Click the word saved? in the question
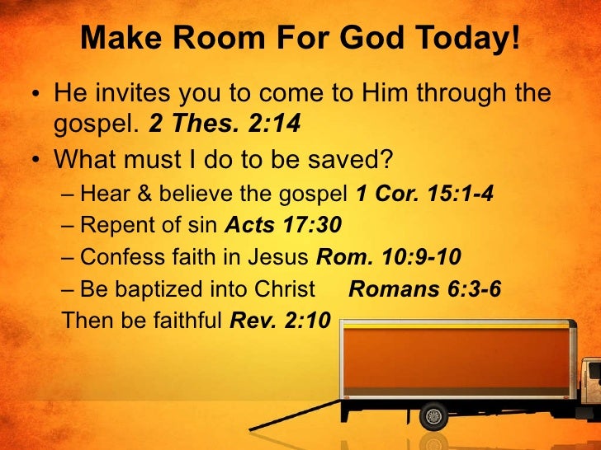click(364, 156)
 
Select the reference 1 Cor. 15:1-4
click(424, 195)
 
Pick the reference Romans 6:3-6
click(425, 288)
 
